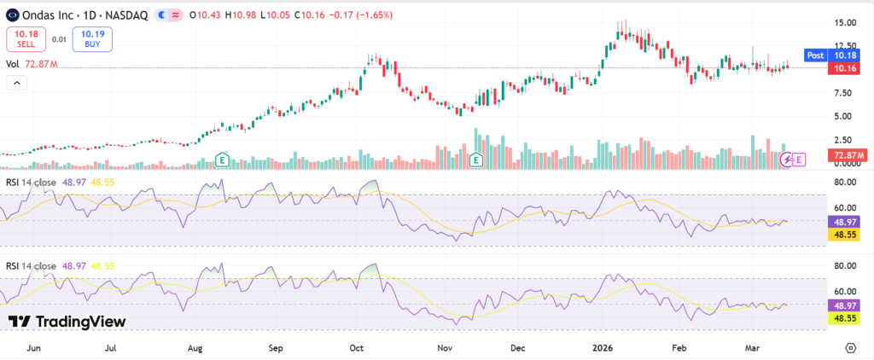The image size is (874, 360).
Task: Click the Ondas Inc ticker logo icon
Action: tap(13, 14)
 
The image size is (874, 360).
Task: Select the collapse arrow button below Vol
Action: tap(15, 83)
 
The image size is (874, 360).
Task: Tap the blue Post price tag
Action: tap(815, 55)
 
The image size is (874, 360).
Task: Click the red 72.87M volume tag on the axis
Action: tap(848, 155)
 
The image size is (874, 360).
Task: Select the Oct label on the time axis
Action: tap(358, 348)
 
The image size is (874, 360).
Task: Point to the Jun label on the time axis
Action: tap(35, 348)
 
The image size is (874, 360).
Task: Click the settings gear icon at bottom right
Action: tap(850, 348)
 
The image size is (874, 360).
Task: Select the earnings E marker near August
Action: tap(222, 159)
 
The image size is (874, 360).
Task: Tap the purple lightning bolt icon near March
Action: tap(789, 159)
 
